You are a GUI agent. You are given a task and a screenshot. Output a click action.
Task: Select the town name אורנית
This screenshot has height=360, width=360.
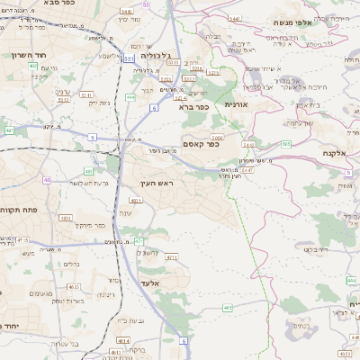point(235,105)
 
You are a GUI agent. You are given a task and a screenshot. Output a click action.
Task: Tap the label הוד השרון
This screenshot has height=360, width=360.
point(24,54)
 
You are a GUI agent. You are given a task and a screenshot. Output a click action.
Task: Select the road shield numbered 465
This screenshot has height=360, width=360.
point(228,308)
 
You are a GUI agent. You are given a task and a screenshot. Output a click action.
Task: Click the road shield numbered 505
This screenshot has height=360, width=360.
point(285,143)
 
